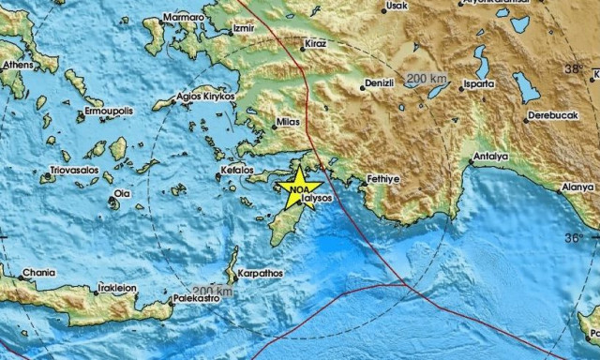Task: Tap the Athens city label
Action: pyautogui.click(x=17, y=65)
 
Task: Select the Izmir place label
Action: pyautogui.click(x=243, y=29)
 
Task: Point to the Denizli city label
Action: pyautogui.click(x=381, y=82)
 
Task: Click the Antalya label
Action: pyautogui.click(x=490, y=156)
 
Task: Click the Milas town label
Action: pyautogui.click(x=288, y=124)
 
